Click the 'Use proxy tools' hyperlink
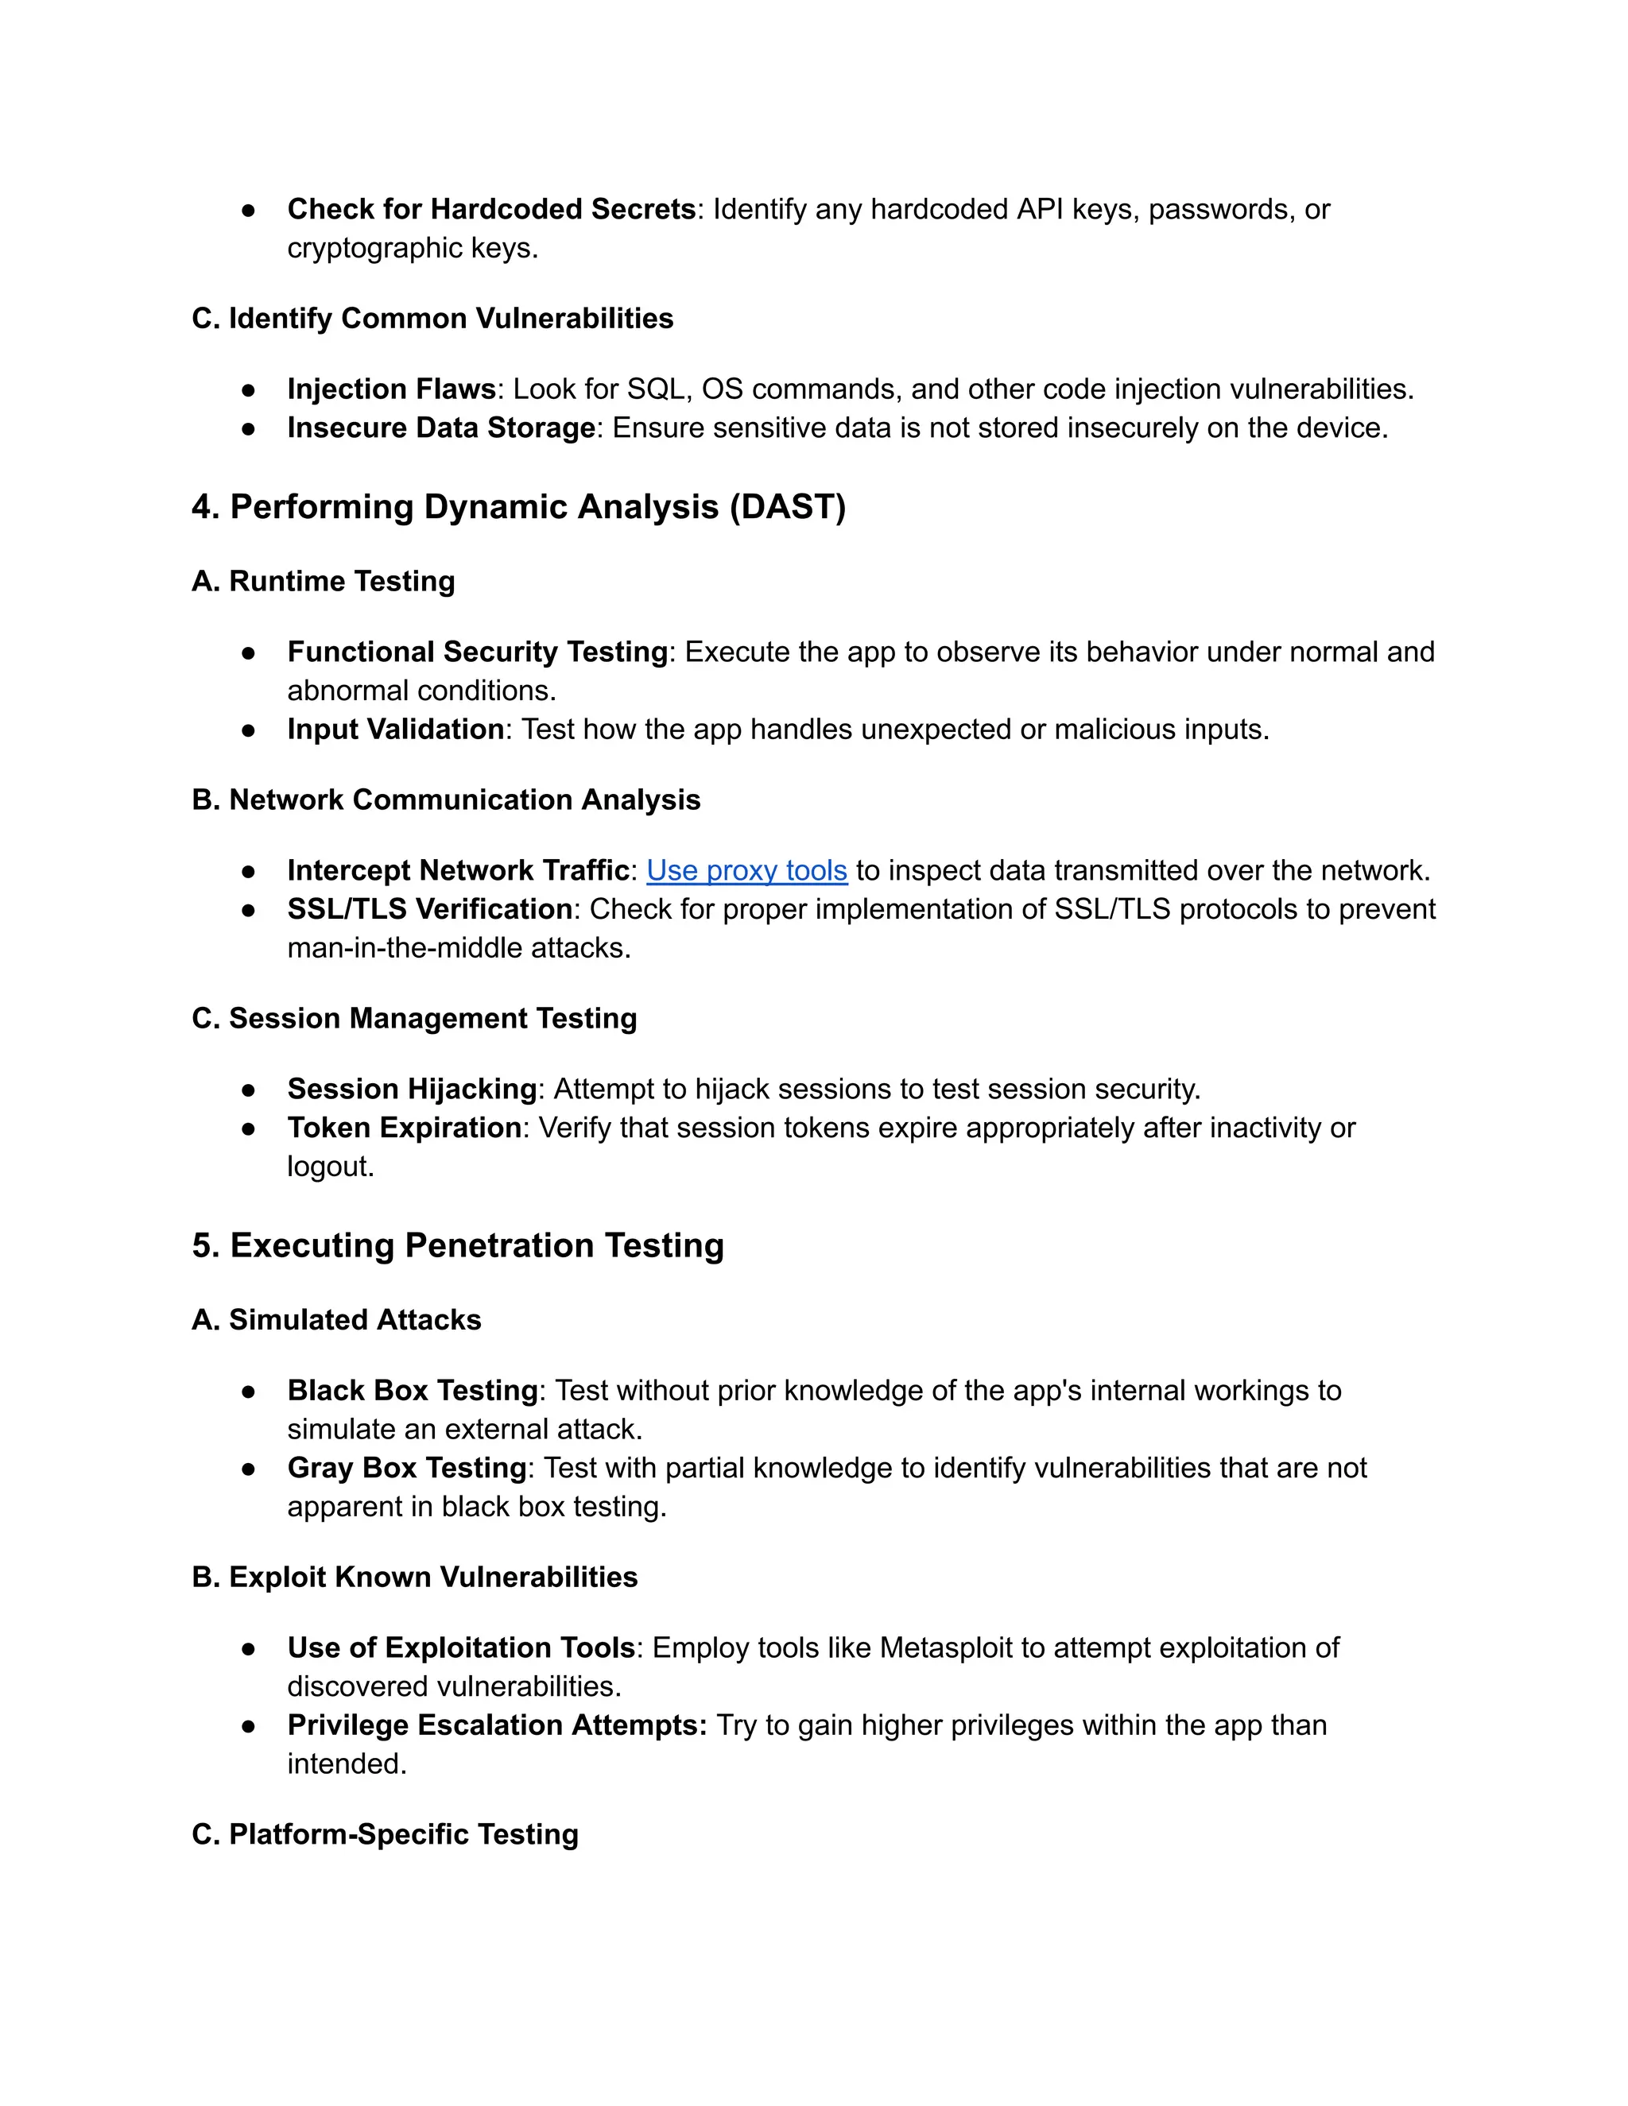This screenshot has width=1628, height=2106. click(x=746, y=871)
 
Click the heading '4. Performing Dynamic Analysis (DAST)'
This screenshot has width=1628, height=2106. click(x=518, y=507)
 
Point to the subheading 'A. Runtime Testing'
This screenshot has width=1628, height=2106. click(x=323, y=582)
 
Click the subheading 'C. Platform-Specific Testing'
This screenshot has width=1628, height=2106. click(x=385, y=1834)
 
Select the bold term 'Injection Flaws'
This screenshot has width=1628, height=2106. click(x=390, y=389)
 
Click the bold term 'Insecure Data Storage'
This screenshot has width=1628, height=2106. click(x=440, y=428)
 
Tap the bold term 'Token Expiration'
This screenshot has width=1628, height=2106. click(x=404, y=1128)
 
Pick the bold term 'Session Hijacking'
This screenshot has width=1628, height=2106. click(x=412, y=1090)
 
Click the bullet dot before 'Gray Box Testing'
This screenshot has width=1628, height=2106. click(x=249, y=1469)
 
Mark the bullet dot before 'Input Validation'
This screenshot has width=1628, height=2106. click(x=249, y=731)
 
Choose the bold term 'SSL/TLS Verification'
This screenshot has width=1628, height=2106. click(x=430, y=909)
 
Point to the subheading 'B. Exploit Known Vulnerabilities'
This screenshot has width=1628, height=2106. click(x=415, y=1578)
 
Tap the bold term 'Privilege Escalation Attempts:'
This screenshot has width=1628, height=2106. click(x=497, y=1725)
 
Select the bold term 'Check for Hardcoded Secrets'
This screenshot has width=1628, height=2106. click(x=491, y=209)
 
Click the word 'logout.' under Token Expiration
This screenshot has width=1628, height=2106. click(x=330, y=1167)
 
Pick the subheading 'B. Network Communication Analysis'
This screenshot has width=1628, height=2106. click(x=446, y=800)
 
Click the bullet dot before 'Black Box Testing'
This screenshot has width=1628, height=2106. click(x=249, y=1392)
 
